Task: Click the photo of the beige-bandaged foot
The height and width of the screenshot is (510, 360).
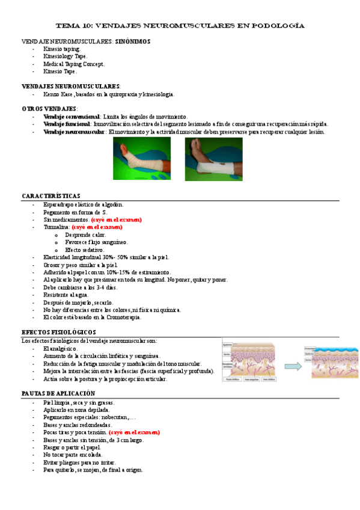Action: click(x=142, y=159)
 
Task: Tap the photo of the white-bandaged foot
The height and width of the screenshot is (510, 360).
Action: click(x=213, y=159)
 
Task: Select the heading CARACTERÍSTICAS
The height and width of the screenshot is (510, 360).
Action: click(x=50, y=197)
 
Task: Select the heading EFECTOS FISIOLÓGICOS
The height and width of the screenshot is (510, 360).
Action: click(x=58, y=333)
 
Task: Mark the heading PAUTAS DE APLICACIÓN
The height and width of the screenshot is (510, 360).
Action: click(x=55, y=394)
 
